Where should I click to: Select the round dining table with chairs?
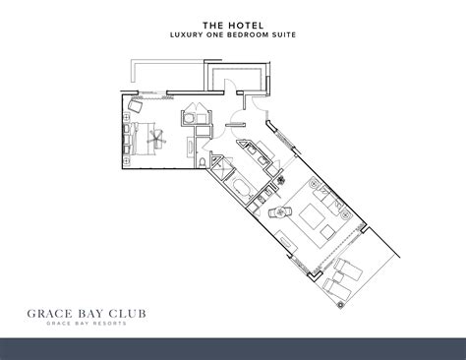coord(278,209)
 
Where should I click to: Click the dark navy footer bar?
coord(233,347)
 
